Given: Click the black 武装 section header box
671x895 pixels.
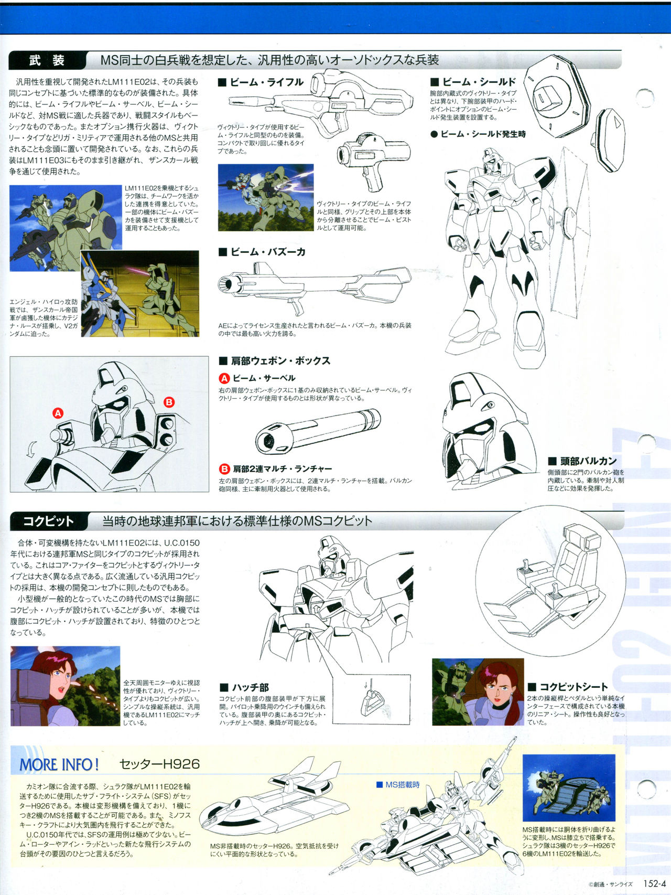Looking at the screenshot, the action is tap(47, 60).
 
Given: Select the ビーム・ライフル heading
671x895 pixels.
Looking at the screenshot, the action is tap(261, 82).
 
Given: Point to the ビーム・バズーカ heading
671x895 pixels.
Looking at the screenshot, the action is tap(262, 252).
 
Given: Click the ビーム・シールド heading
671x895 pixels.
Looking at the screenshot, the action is tap(473, 82).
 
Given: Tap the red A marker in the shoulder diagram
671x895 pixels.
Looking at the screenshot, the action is tap(58, 413).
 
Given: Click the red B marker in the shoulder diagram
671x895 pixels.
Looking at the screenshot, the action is tap(169, 402).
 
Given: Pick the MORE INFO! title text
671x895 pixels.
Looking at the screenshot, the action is tap(59, 764).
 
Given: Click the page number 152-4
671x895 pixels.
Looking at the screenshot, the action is tap(655, 883).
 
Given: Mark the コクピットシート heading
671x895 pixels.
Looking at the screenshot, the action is tap(568, 687).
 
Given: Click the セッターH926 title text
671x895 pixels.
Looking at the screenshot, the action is tap(160, 764).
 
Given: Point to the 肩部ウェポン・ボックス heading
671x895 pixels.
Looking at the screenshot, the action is tap(274, 361).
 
